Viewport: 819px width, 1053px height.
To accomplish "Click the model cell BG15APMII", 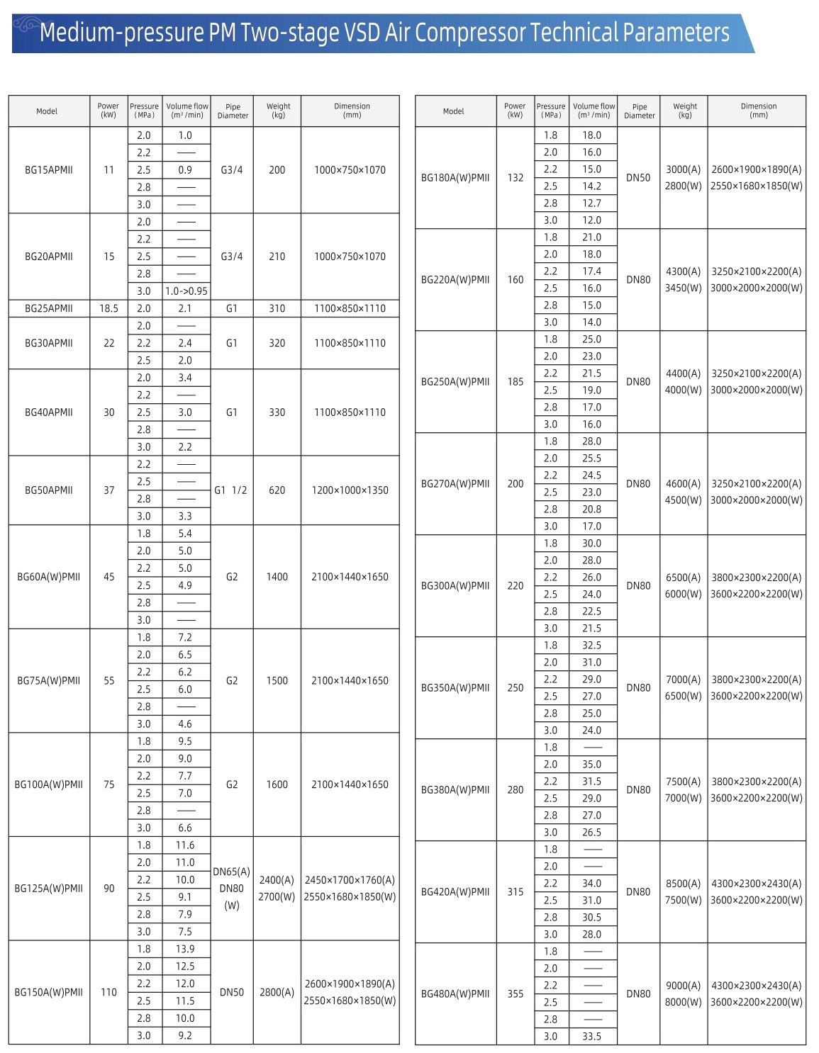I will point(49,170).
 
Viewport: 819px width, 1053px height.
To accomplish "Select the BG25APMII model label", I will point(49,308).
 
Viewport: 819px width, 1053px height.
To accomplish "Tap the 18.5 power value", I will point(108,308).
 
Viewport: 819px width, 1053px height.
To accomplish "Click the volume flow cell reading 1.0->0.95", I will point(186,291).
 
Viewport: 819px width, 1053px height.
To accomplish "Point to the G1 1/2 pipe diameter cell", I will point(231,490).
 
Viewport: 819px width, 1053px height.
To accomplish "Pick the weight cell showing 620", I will point(277,490).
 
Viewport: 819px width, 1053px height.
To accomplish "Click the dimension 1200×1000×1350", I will point(350,490).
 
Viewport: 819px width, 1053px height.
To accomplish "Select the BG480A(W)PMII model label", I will point(455,994).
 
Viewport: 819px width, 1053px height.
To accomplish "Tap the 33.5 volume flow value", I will point(592,1037).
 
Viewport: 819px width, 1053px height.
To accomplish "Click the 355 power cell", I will point(516,994).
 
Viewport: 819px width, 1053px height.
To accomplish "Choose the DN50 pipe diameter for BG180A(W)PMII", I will point(638,178).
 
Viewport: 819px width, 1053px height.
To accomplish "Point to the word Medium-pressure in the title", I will point(121,33).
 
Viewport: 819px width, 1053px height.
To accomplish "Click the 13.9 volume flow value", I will point(185,950).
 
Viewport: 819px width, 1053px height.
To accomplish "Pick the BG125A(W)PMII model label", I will point(49,889).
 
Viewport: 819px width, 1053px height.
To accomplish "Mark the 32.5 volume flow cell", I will point(592,646).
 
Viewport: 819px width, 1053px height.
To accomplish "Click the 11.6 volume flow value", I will point(185,845).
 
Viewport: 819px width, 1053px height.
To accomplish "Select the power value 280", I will point(516,790).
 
